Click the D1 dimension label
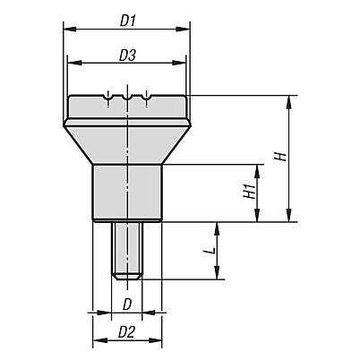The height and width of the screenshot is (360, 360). (128, 21)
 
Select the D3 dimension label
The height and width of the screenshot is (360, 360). (127, 56)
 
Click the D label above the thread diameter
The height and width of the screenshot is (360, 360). (127, 304)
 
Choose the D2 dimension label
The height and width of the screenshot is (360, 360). (127, 332)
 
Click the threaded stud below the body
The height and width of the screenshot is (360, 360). (127, 250)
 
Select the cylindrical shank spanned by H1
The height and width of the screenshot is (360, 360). (127, 193)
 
